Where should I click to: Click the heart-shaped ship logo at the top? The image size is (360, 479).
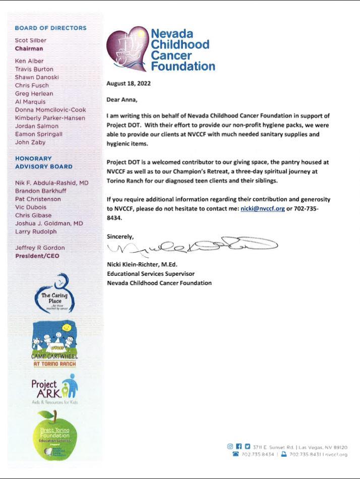127,49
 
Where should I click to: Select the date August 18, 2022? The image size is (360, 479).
129,84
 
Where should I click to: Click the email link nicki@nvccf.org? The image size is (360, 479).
263,208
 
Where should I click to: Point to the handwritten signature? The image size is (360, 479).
192,246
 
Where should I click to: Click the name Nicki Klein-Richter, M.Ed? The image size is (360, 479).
142,264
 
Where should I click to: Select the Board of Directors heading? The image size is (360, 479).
50,28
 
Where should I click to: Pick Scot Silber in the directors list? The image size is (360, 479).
31,40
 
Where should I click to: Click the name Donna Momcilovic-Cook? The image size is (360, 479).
50,109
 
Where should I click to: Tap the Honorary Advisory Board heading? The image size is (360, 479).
43,162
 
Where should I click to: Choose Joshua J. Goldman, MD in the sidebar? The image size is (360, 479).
49,223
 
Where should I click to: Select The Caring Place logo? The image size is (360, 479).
54,294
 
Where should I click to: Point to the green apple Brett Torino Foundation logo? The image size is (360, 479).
54,435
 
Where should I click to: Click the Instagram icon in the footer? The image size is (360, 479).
230,447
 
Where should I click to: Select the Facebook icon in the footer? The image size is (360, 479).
239,447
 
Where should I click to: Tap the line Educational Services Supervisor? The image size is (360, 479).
151,274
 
